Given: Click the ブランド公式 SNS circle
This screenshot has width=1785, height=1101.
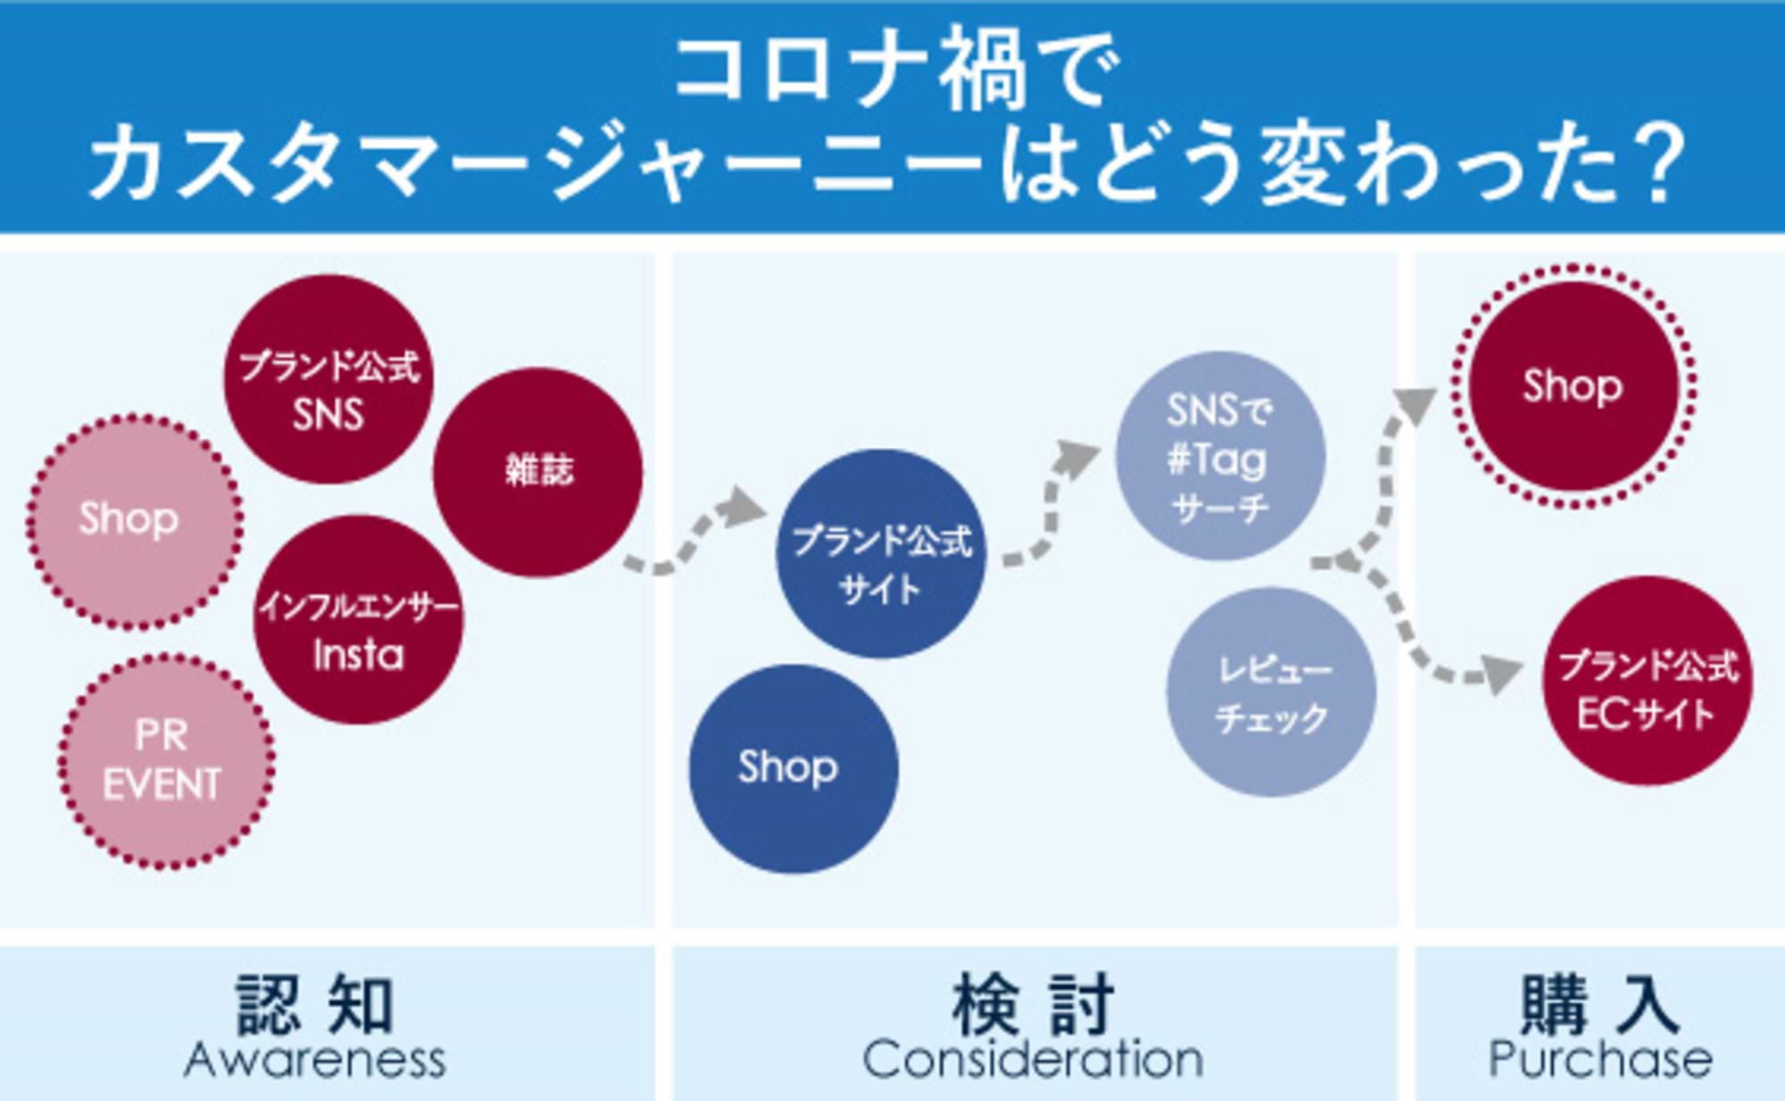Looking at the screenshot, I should pyautogui.click(x=328, y=380).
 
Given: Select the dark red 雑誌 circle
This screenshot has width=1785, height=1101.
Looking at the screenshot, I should pyautogui.click(x=538, y=472).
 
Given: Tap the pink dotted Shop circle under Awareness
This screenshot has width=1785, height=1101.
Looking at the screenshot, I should pyautogui.click(x=134, y=521).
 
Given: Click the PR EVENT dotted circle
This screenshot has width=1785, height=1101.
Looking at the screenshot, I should pyautogui.click(x=165, y=761).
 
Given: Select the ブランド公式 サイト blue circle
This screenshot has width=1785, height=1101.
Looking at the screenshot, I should pyautogui.click(x=882, y=554).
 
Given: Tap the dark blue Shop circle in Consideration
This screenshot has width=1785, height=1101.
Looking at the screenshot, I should pyautogui.click(x=793, y=768).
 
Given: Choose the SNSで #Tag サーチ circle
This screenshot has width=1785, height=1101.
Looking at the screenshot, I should pyautogui.click(x=1220, y=456).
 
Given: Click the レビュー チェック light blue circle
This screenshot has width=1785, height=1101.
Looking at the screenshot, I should pyautogui.click(x=1271, y=691).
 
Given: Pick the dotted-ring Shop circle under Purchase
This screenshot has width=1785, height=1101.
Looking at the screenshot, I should pyautogui.click(x=1573, y=386).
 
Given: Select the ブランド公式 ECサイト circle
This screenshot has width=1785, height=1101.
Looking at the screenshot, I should pyautogui.click(x=1648, y=682).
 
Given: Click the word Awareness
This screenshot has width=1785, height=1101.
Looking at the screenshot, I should pyautogui.click(x=315, y=1060).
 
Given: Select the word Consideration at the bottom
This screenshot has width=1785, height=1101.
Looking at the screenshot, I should pyautogui.click(x=1033, y=1060).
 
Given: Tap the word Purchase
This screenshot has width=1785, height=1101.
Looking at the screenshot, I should pyautogui.click(x=1599, y=1060).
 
